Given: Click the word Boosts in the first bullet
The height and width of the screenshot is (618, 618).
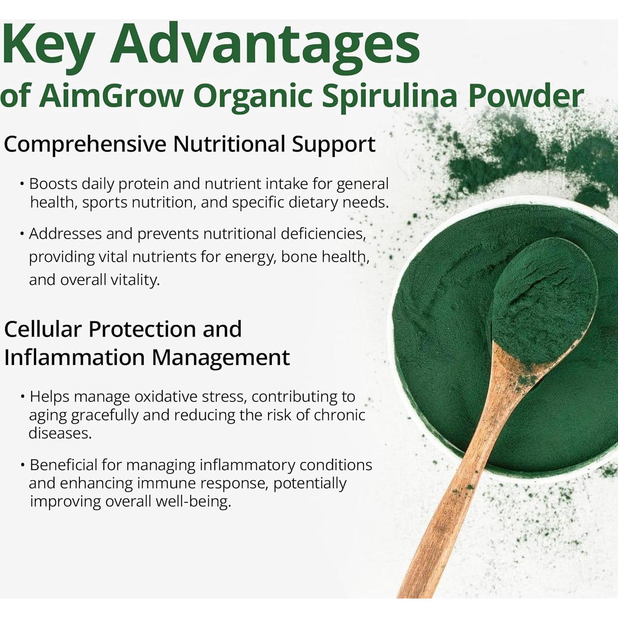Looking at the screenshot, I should [x=53, y=184].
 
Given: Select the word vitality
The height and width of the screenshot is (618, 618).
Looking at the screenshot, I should [x=135, y=280].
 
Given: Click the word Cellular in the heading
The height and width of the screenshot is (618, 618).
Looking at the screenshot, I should [x=43, y=329].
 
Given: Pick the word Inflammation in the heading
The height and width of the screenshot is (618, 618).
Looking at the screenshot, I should [x=74, y=358].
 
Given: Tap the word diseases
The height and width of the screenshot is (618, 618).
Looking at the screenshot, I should [x=60, y=433].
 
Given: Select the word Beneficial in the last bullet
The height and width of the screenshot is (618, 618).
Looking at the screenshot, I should [x=64, y=465].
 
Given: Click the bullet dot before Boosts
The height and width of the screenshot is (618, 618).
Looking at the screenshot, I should [x=22, y=184].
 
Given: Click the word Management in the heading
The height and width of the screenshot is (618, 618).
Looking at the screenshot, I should [x=221, y=358].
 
